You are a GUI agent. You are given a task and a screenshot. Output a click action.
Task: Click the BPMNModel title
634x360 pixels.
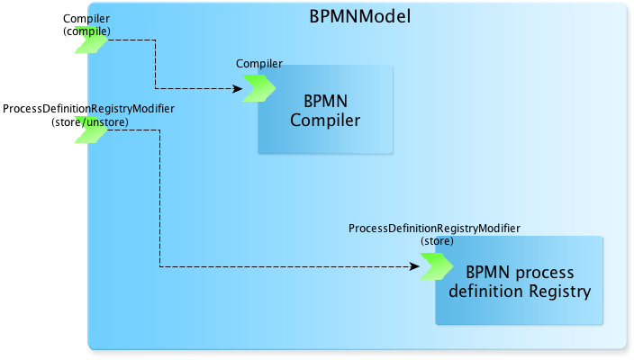[360, 16]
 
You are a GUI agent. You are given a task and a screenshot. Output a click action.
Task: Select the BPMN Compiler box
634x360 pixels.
[325, 110]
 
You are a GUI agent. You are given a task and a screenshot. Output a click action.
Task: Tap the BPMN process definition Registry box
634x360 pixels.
[519, 281]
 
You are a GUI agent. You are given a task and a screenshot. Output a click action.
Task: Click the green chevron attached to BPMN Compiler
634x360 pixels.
[259, 88]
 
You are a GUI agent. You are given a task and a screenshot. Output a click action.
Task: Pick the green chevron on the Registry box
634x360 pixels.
[437, 266]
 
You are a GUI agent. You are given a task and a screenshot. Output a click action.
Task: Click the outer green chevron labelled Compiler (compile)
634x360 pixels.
[91, 40]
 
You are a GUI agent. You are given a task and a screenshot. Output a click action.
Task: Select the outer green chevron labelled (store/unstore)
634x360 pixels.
[91, 130]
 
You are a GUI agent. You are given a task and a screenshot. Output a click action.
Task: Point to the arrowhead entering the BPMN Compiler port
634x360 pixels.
[238, 88]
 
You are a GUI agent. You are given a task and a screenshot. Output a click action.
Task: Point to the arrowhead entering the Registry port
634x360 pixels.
[414, 266]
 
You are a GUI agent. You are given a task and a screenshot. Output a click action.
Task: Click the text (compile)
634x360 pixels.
[86, 31]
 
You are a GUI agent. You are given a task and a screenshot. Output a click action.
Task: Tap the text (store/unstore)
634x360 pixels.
[90, 122]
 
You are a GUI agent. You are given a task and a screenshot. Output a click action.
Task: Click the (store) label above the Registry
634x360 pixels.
[437, 241]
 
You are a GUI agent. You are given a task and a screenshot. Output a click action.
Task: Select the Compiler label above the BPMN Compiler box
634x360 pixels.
[259, 63]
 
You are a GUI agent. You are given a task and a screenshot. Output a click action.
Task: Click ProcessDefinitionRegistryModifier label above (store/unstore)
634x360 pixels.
[88, 109]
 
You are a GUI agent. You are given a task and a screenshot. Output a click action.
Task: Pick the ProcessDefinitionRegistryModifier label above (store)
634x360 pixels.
[434, 229]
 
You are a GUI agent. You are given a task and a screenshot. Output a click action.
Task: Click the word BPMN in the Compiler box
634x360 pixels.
[325, 101]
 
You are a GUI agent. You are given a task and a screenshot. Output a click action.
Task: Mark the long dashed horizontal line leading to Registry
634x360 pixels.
[289, 266]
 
